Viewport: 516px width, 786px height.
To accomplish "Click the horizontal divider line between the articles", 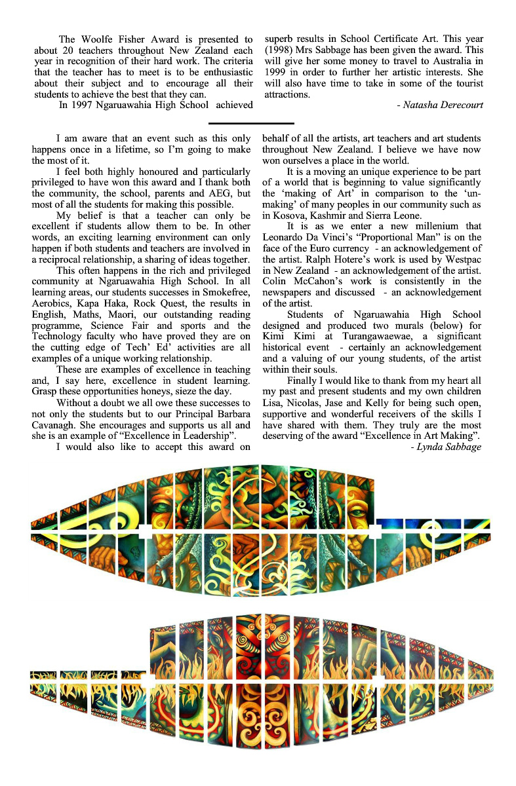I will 251,122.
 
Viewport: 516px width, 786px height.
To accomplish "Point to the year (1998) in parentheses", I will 279,50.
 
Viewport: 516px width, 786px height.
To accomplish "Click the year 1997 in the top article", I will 89,105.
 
